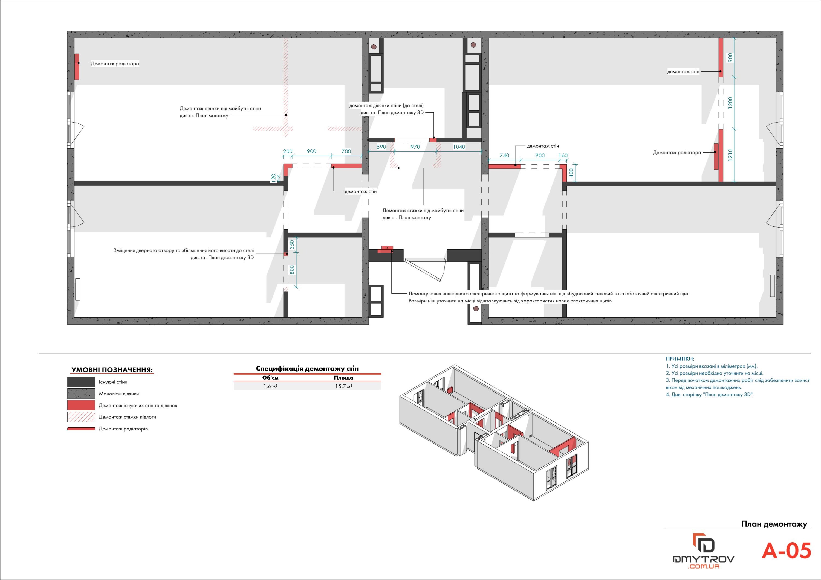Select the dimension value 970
pos(415,147)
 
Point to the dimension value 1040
pos(459,147)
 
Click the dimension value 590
pos(381,147)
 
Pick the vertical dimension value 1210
pos(730,155)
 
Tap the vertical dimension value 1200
pos(730,103)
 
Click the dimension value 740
pos(504,155)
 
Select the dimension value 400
pos(571,173)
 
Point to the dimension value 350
pos(292,244)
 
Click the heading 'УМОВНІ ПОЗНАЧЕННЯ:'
pos(112,370)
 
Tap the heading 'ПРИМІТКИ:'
pos(680,359)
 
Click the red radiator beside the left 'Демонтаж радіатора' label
pos(77,67)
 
